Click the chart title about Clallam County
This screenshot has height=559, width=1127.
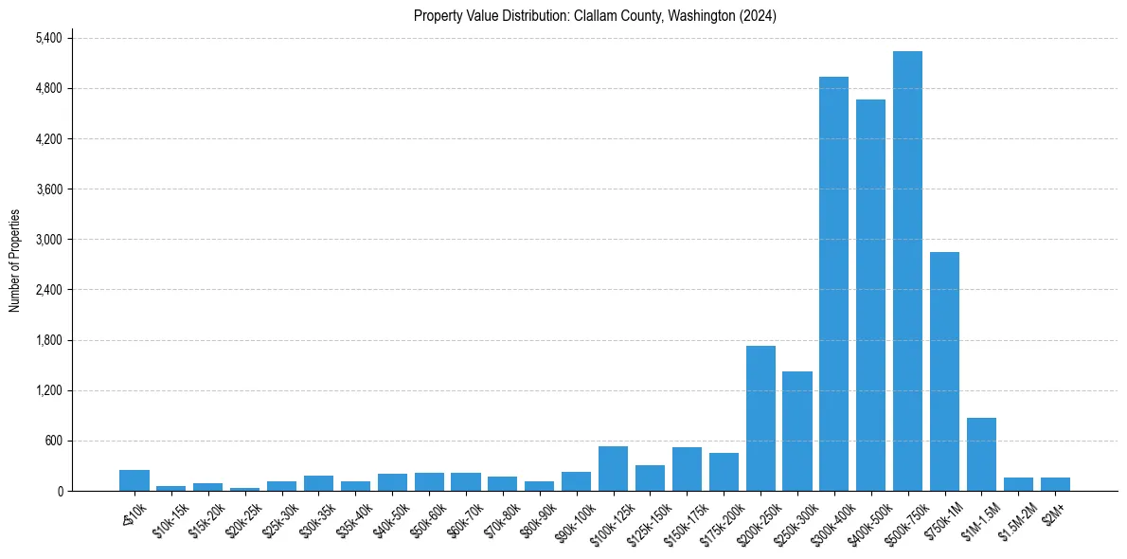pyautogui.click(x=595, y=16)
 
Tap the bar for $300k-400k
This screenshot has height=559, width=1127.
pyautogui.click(x=833, y=284)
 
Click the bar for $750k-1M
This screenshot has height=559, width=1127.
pyautogui.click(x=944, y=371)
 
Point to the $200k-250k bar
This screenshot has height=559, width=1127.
pyautogui.click(x=760, y=419)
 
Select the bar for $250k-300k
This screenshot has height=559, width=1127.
pyautogui.click(x=797, y=431)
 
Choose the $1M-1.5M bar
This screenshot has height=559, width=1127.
pyautogui.click(x=981, y=455)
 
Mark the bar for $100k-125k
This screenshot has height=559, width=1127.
pyautogui.click(x=613, y=469)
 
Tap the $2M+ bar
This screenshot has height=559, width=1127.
pyautogui.click(x=1055, y=484)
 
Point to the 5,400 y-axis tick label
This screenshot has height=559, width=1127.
pyautogui.click(x=48, y=39)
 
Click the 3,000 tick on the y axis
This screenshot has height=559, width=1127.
pyautogui.click(x=48, y=240)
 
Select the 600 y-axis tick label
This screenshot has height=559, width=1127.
pyautogui.click(x=53, y=442)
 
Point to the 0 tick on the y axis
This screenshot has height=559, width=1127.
pyautogui.click(x=60, y=492)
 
